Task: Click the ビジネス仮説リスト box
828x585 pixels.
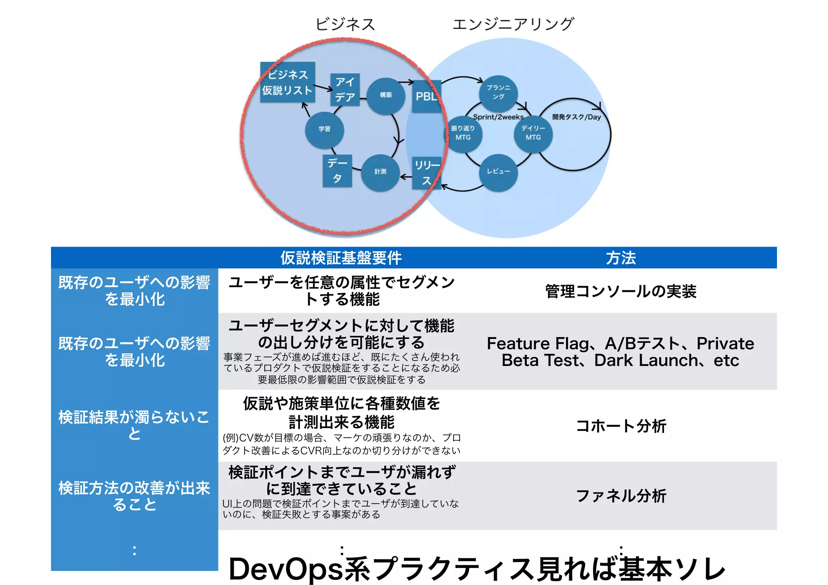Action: tap(287, 82)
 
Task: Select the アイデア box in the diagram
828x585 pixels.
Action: tap(345, 89)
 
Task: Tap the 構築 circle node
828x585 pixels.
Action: tap(386, 95)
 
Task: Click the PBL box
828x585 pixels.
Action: tap(427, 96)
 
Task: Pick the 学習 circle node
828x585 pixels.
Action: tap(324, 129)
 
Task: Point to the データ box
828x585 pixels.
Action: tap(337, 171)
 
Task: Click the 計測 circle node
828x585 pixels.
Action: tap(380, 172)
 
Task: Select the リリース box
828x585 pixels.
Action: tap(427, 173)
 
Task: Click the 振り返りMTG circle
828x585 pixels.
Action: tap(463, 133)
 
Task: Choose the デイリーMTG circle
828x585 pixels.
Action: tap(533, 133)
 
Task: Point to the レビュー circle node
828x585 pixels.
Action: tap(498, 171)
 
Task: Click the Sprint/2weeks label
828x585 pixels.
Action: tap(498, 117)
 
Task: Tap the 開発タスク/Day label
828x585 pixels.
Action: tap(577, 117)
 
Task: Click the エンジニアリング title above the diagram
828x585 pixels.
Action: tap(513, 24)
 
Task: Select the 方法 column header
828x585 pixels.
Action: tap(621, 258)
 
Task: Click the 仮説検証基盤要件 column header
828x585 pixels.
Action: tap(341, 258)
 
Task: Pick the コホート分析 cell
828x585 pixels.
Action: tap(621, 426)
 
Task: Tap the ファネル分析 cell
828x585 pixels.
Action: tap(621, 496)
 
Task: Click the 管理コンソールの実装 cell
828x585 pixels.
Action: tap(621, 291)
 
